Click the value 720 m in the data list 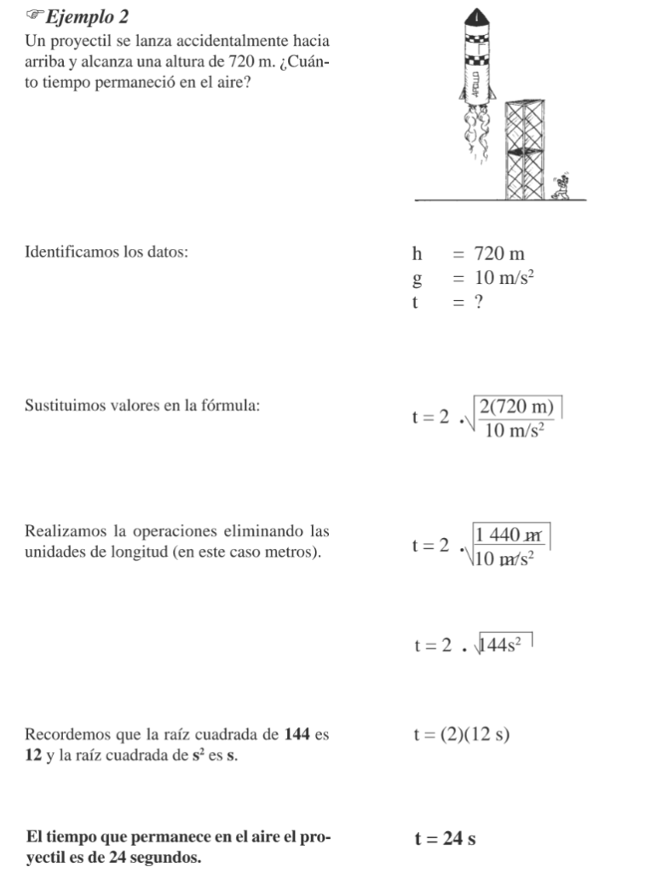(499, 253)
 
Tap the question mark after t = (479, 302)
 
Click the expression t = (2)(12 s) (462, 734)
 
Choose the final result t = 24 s (445, 840)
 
